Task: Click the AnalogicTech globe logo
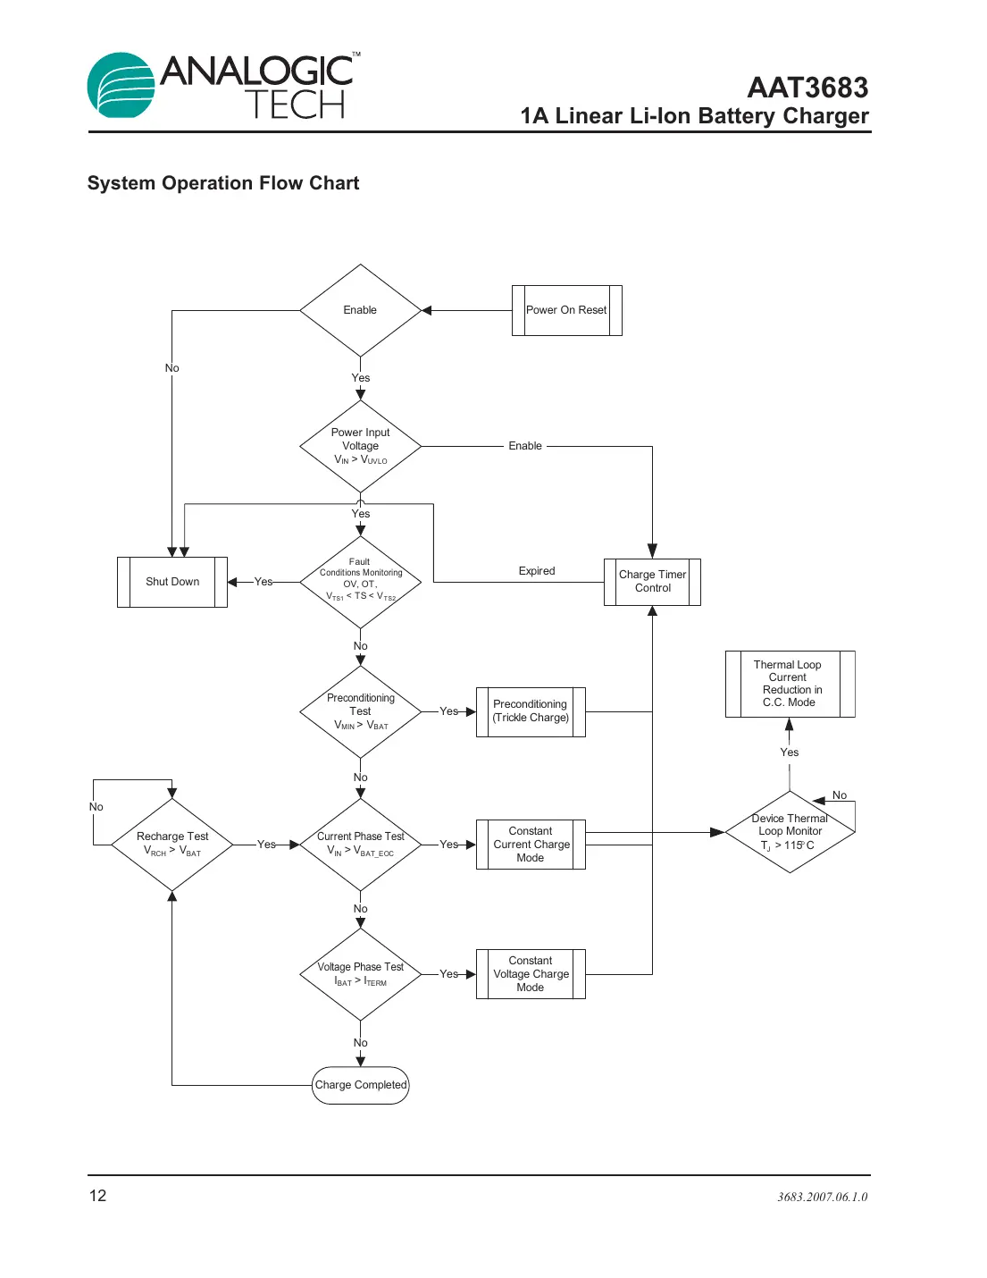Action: click(x=121, y=86)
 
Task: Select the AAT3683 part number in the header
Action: click(x=807, y=88)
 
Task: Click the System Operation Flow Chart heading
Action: click(x=222, y=183)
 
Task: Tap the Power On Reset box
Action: click(x=566, y=310)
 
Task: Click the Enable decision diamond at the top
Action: click(x=360, y=310)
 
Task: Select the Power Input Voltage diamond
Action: click(x=360, y=446)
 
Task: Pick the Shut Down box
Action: click(x=172, y=582)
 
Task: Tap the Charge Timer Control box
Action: click(x=652, y=582)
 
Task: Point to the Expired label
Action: click(x=536, y=571)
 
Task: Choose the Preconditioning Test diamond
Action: click(x=360, y=711)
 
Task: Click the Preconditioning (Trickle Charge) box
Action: click(x=531, y=711)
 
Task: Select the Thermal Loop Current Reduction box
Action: click(x=790, y=684)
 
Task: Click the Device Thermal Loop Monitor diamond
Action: click(x=790, y=832)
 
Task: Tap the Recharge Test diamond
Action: click(x=172, y=844)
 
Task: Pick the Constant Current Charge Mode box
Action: click(x=531, y=844)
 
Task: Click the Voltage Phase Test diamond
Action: click(x=360, y=974)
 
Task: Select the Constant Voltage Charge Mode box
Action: click(x=531, y=974)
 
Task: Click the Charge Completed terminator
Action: click(x=360, y=1085)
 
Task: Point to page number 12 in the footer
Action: click(x=97, y=1196)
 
